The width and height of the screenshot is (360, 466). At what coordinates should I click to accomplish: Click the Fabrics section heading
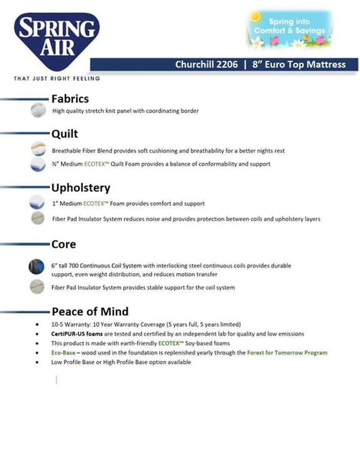pyautogui.click(x=70, y=99)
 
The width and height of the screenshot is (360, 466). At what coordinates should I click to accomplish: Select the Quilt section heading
pyautogui.click(x=64, y=134)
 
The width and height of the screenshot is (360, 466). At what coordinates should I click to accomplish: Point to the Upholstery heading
pyautogui.click(x=81, y=188)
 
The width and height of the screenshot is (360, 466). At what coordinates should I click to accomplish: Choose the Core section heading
pyautogui.click(x=63, y=244)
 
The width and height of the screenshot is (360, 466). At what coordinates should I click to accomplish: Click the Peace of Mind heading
pyautogui.click(x=90, y=312)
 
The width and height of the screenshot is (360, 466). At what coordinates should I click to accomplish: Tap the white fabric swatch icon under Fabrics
pyautogui.click(x=38, y=110)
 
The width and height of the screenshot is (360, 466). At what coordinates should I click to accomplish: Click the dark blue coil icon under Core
pyautogui.click(x=37, y=267)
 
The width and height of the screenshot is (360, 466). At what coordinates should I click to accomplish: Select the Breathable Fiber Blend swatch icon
pyautogui.click(x=38, y=149)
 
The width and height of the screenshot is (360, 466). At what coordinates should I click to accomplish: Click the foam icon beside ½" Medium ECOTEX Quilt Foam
pyautogui.click(x=38, y=164)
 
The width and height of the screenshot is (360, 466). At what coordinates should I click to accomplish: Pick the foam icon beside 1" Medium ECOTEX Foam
pyautogui.click(x=37, y=203)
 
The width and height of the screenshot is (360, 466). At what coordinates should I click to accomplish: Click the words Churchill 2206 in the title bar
pyautogui.click(x=207, y=64)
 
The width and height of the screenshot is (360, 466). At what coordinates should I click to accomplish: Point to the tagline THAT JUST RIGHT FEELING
pyautogui.click(x=57, y=79)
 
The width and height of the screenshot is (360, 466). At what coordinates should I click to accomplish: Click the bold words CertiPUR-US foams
pyautogui.click(x=77, y=334)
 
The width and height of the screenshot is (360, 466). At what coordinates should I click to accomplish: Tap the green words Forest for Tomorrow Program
pyautogui.click(x=287, y=353)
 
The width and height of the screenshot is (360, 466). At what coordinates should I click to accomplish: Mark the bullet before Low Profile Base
pyautogui.click(x=36, y=362)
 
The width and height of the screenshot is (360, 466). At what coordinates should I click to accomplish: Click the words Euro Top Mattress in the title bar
pyautogui.click(x=305, y=64)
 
